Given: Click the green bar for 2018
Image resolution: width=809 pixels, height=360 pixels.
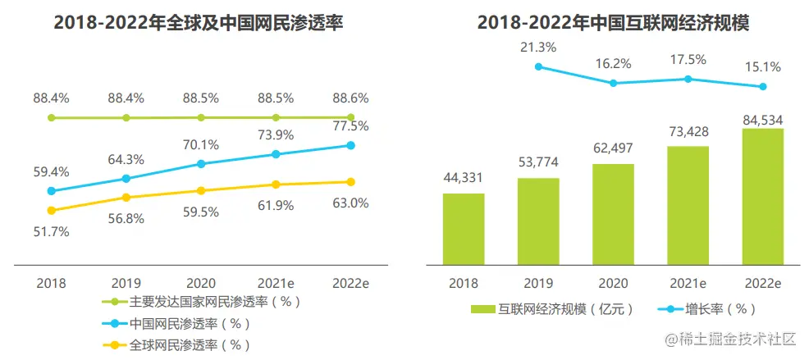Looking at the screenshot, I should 463,229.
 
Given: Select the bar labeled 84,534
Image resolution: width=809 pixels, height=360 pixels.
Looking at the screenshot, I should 762,196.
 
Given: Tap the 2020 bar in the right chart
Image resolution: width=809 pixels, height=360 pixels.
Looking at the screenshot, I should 613,214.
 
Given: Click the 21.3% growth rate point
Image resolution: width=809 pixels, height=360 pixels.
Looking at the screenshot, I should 538,67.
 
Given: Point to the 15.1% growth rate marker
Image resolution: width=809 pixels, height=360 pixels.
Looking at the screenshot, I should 763,86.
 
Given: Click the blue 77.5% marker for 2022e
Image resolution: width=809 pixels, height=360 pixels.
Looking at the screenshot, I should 351,145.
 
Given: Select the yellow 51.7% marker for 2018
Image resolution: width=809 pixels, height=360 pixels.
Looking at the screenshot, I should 52,210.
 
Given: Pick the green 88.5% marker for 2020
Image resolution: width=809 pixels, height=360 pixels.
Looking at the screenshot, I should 201,117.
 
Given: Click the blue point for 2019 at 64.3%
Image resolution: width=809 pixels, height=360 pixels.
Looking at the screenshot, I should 126,178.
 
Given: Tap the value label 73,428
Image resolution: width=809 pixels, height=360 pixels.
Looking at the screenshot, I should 688,131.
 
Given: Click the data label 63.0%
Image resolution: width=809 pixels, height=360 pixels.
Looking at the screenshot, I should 351,203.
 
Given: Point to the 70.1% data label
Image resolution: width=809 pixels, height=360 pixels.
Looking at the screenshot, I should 201,145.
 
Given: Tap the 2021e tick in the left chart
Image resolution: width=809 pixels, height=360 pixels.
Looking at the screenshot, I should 277,282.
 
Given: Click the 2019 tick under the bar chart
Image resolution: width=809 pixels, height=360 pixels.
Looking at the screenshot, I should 538,282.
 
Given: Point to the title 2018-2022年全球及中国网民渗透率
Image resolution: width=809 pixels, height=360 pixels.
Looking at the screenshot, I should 198,23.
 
